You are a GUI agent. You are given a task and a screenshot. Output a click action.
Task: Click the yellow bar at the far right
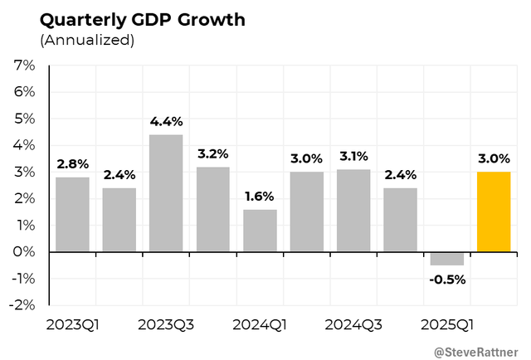click(x=494, y=212)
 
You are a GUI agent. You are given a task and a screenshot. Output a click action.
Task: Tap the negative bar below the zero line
click(x=447, y=258)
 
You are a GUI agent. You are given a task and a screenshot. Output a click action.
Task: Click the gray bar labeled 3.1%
click(x=353, y=210)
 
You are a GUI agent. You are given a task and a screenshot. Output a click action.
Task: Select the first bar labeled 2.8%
click(x=72, y=214)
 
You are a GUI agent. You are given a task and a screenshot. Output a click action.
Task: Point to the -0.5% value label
click(x=447, y=279)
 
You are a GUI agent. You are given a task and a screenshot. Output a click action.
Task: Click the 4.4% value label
click(x=166, y=121)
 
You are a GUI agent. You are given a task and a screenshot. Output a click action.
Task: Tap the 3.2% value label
click(x=213, y=153)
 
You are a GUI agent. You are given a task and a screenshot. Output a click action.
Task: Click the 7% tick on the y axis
click(x=24, y=66)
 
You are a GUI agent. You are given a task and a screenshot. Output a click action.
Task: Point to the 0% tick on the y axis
click(x=24, y=251)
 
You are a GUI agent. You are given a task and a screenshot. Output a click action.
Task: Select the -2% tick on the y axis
click(x=22, y=304)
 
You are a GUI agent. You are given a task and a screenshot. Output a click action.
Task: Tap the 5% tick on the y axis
click(x=24, y=119)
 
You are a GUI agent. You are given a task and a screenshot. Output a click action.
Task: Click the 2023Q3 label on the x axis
click(x=166, y=324)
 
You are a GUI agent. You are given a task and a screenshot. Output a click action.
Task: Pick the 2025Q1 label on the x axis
click(x=447, y=324)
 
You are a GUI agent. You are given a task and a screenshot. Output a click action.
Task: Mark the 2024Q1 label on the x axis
click(x=260, y=324)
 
